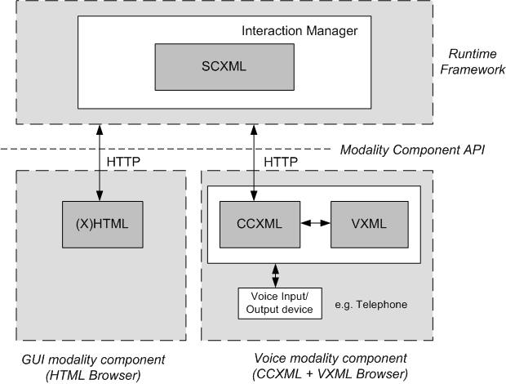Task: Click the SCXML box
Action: click(x=224, y=67)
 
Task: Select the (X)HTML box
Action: click(x=100, y=223)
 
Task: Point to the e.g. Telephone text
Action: click(x=371, y=304)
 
